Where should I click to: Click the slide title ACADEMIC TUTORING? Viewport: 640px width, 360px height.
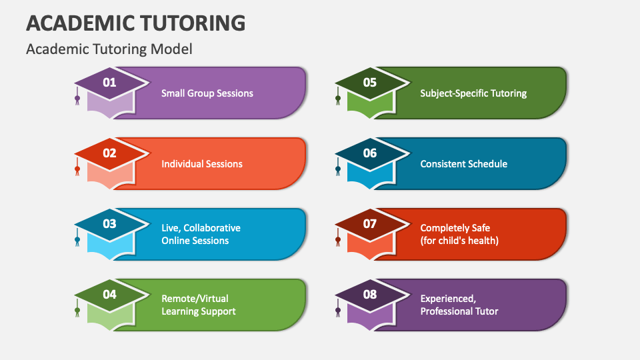click(x=135, y=23)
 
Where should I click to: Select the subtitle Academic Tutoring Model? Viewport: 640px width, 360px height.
click(x=109, y=49)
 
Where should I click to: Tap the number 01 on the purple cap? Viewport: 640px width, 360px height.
click(x=109, y=83)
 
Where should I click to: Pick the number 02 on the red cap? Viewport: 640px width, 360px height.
click(x=109, y=153)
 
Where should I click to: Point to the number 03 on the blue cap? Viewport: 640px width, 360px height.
click(x=109, y=223)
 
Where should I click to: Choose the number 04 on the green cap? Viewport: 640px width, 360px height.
click(x=109, y=294)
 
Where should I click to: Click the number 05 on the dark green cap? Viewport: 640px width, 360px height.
click(x=370, y=83)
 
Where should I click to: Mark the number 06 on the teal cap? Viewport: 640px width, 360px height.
click(x=370, y=153)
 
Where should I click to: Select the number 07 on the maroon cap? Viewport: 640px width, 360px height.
click(x=370, y=223)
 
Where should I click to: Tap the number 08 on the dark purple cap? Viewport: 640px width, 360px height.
click(x=370, y=294)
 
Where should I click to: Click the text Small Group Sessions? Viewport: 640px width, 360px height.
click(x=207, y=93)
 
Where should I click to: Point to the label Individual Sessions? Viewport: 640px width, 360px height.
click(x=202, y=164)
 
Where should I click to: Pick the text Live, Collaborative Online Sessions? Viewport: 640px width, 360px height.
click(x=201, y=234)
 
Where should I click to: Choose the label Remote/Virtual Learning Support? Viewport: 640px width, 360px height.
click(x=199, y=305)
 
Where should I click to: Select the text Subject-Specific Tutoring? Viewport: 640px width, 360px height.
click(x=473, y=93)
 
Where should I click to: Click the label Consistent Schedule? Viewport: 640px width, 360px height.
click(x=463, y=164)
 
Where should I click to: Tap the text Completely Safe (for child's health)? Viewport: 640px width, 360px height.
click(x=459, y=234)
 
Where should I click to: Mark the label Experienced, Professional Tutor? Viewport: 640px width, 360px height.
click(x=459, y=305)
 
